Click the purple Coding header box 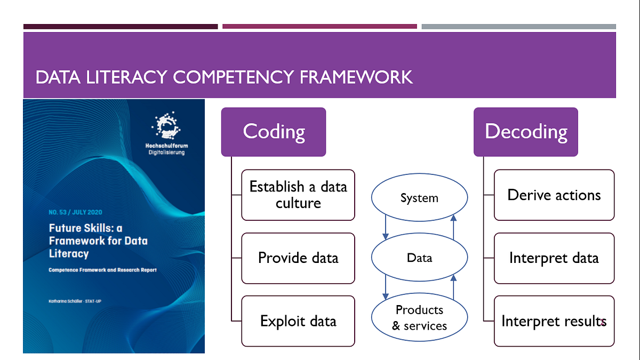point(274,132)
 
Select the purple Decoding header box point(526,132)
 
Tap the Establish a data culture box point(298,195)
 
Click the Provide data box point(298,258)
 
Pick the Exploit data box point(298,321)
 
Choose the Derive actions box point(554,195)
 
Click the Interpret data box point(554,258)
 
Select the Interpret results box point(554,321)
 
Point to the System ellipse point(419,198)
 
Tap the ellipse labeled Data point(419,258)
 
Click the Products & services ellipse point(419,318)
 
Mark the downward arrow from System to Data point(385,226)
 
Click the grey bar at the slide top point(518,26)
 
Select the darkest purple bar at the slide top point(121,26)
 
